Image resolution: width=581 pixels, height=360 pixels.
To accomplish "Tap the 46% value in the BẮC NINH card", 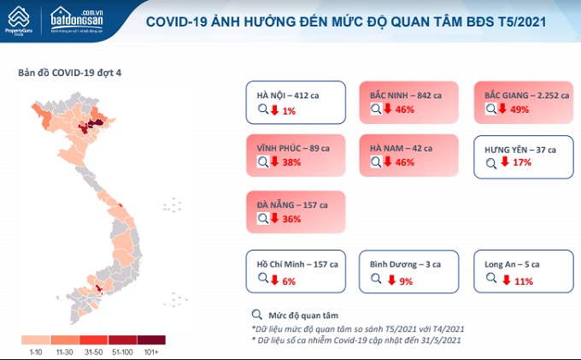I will [405, 110].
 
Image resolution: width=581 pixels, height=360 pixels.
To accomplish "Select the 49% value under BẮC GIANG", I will [519, 110].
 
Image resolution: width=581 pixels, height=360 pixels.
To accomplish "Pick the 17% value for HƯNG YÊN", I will [520, 164].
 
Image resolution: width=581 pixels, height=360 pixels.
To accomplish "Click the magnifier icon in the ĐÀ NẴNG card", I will [263, 219].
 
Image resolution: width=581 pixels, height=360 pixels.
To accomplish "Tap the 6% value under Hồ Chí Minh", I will [288, 281].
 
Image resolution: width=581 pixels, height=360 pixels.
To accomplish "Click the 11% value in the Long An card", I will [524, 281].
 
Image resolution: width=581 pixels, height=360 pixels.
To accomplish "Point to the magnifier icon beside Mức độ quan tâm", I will [257, 314].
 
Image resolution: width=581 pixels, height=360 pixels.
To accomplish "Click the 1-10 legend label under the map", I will [35, 351].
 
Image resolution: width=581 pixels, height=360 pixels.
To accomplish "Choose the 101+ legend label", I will [152, 351].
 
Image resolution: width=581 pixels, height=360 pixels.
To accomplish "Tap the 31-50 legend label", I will [94, 351].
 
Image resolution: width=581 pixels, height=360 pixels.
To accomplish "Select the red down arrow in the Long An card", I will [505, 280].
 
